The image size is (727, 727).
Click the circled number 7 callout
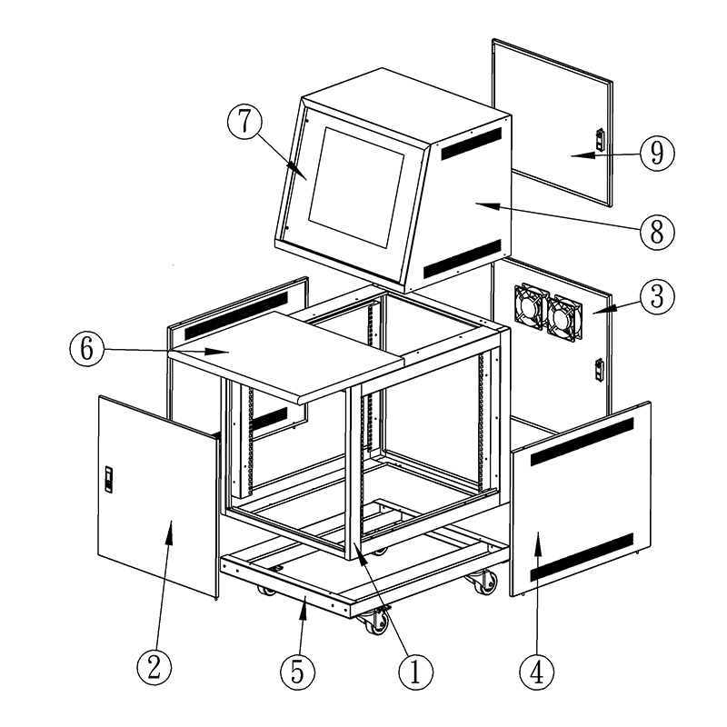click(244, 122)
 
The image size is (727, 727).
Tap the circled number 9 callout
click(657, 154)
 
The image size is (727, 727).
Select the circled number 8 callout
click(657, 232)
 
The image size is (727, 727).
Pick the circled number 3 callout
click(657, 297)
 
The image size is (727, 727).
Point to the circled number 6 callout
click(87, 349)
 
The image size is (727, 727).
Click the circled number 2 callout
click(154, 668)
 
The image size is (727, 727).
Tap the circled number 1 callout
click(416, 672)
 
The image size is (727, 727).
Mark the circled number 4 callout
click(537, 672)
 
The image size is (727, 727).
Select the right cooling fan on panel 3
click(563, 318)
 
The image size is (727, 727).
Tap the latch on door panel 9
click(600, 139)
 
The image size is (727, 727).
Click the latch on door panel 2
click(108, 480)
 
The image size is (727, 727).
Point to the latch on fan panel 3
click(599, 370)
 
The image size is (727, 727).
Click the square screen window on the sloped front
click(356, 187)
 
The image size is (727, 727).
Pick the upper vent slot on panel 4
click(582, 442)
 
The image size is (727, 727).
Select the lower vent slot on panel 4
click(582, 557)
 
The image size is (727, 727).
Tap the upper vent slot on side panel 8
click(472, 144)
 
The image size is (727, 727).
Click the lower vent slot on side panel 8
click(463, 259)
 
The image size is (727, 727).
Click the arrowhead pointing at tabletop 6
click(217, 352)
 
